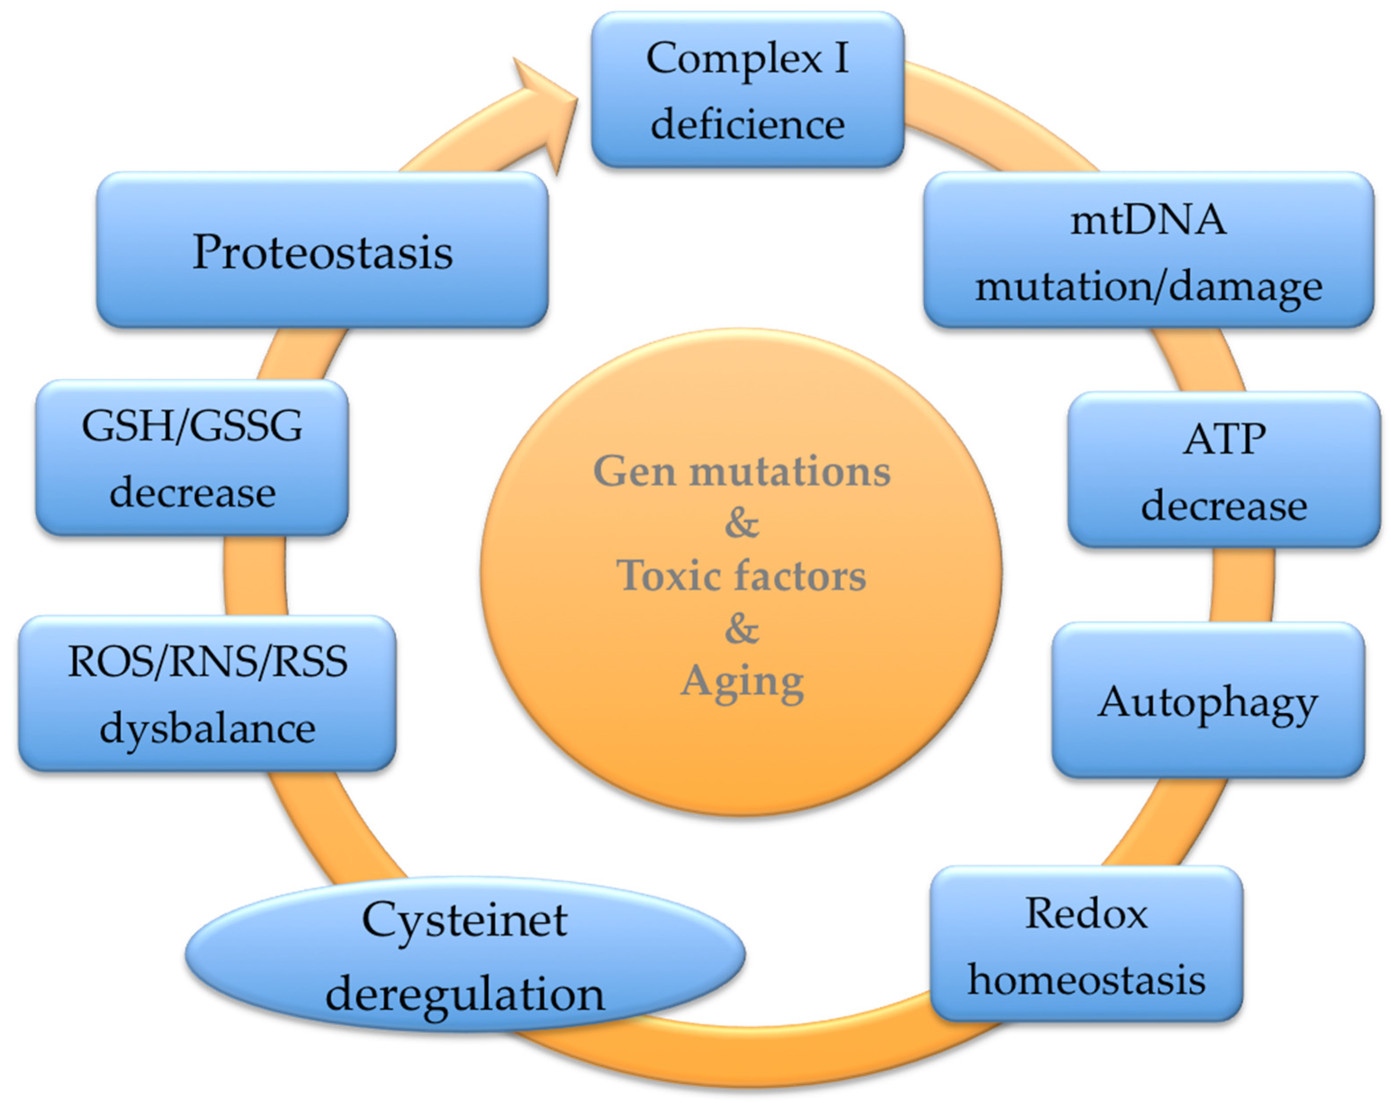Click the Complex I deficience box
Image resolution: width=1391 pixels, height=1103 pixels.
point(747,90)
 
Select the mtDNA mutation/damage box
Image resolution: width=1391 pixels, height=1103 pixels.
point(1149,250)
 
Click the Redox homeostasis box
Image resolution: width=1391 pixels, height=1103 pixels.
point(1086,943)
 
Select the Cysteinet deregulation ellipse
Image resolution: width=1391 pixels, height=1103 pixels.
point(464,955)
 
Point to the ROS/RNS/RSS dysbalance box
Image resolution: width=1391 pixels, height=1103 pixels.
point(206,693)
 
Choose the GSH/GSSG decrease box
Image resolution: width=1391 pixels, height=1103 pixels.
point(192,458)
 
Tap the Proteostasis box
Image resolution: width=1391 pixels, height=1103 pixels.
point(323,250)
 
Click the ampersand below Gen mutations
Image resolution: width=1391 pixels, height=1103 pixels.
point(742,523)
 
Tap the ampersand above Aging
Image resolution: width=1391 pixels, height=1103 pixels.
point(742,629)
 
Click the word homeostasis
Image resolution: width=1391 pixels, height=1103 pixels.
point(1086,979)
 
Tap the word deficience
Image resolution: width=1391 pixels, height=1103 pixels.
point(747,124)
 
